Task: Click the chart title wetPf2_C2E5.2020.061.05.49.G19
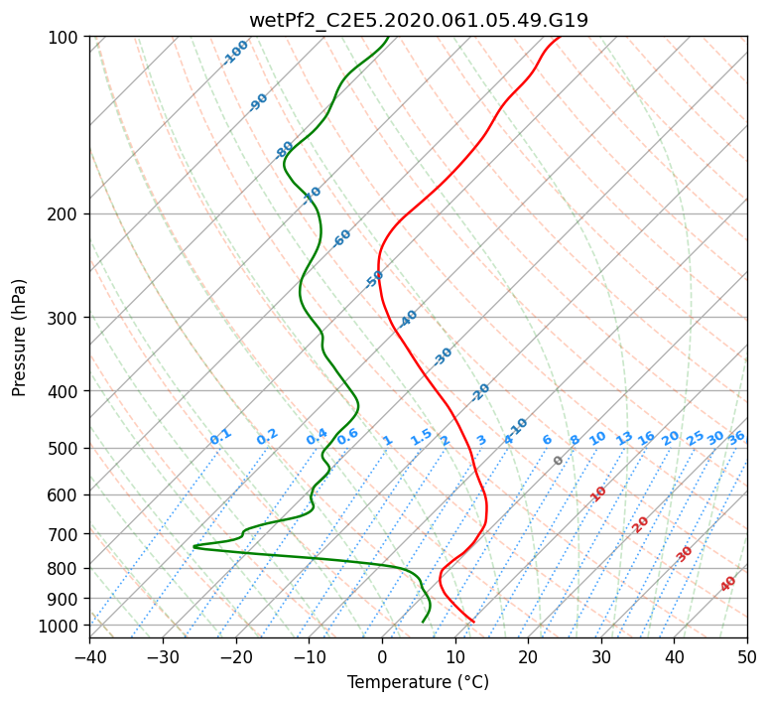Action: click(419, 20)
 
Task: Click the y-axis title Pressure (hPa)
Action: click(19, 338)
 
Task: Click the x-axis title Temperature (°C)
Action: click(419, 682)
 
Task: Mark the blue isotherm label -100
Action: click(235, 53)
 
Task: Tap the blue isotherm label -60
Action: click(341, 237)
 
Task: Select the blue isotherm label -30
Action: click(443, 356)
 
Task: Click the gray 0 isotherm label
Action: click(558, 460)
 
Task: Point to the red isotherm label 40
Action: click(727, 584)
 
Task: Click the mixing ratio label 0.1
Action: click(220, 437)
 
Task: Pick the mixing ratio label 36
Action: click(736, 438)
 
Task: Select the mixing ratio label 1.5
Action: click(422, 437)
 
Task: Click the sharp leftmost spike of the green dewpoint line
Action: click(194, 546)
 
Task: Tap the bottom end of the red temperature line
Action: click(473, 622)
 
